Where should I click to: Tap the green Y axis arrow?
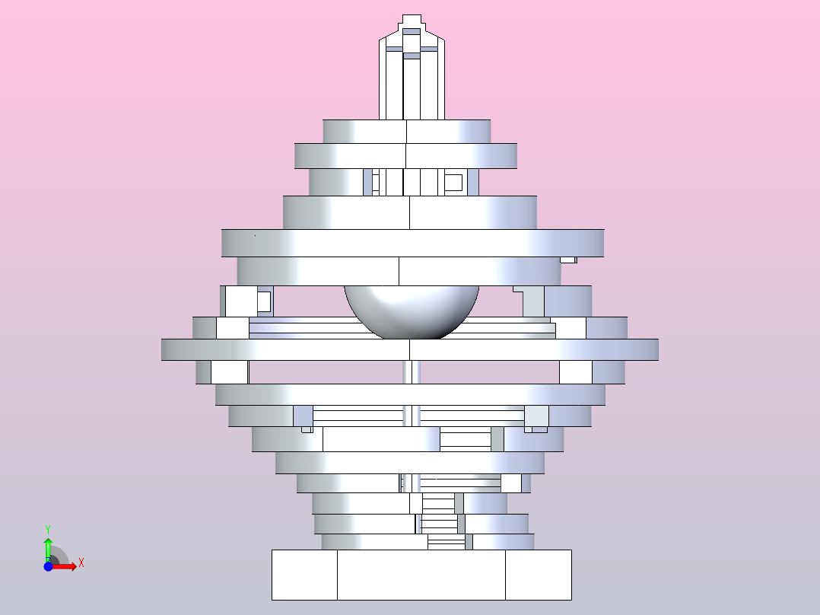click(x=48, y=546)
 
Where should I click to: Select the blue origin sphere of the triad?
click(x=48, y=566)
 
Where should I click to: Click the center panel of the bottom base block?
click(x=421, y=575)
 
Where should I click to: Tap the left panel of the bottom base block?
click(x=304, y=575)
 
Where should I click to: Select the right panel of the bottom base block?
click(x=539, y=575)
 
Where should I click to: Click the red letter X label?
click(x=81, y=563)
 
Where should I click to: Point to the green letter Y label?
click(x=48, y=528)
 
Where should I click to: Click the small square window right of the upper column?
click(x=453, y=182)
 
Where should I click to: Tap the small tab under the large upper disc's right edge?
click(x=568, y=260)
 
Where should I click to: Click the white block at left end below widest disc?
click(x=229, y=372)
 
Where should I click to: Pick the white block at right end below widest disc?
click(x=575, y=372)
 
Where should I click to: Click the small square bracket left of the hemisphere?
click(x=264, y=302)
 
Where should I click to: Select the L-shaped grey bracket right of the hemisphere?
click(x=531, y=301)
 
